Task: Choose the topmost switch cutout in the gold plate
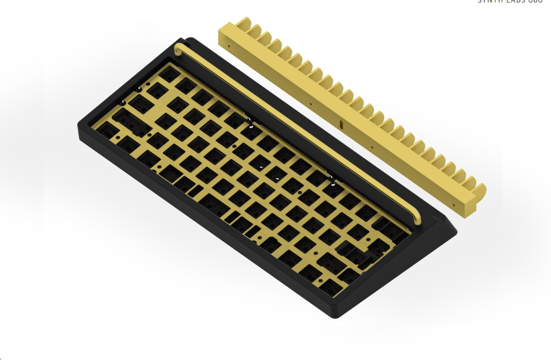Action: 167,74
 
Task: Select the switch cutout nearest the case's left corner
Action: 104,129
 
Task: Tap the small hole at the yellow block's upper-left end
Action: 228,46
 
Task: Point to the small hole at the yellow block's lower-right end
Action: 454,205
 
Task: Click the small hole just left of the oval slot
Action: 311,104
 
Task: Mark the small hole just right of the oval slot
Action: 372,148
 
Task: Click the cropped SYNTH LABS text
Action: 510,2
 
